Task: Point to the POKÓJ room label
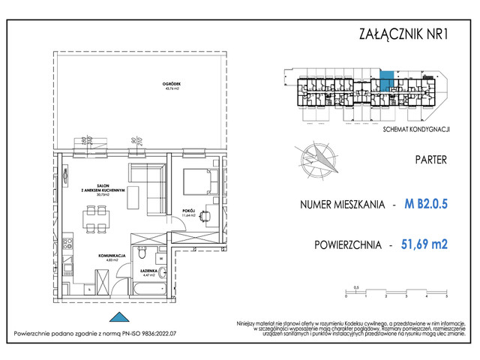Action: [x=188, y=212]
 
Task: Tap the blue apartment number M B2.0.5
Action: [x=425, y=204]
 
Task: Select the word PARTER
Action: [x=430, y=160]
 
